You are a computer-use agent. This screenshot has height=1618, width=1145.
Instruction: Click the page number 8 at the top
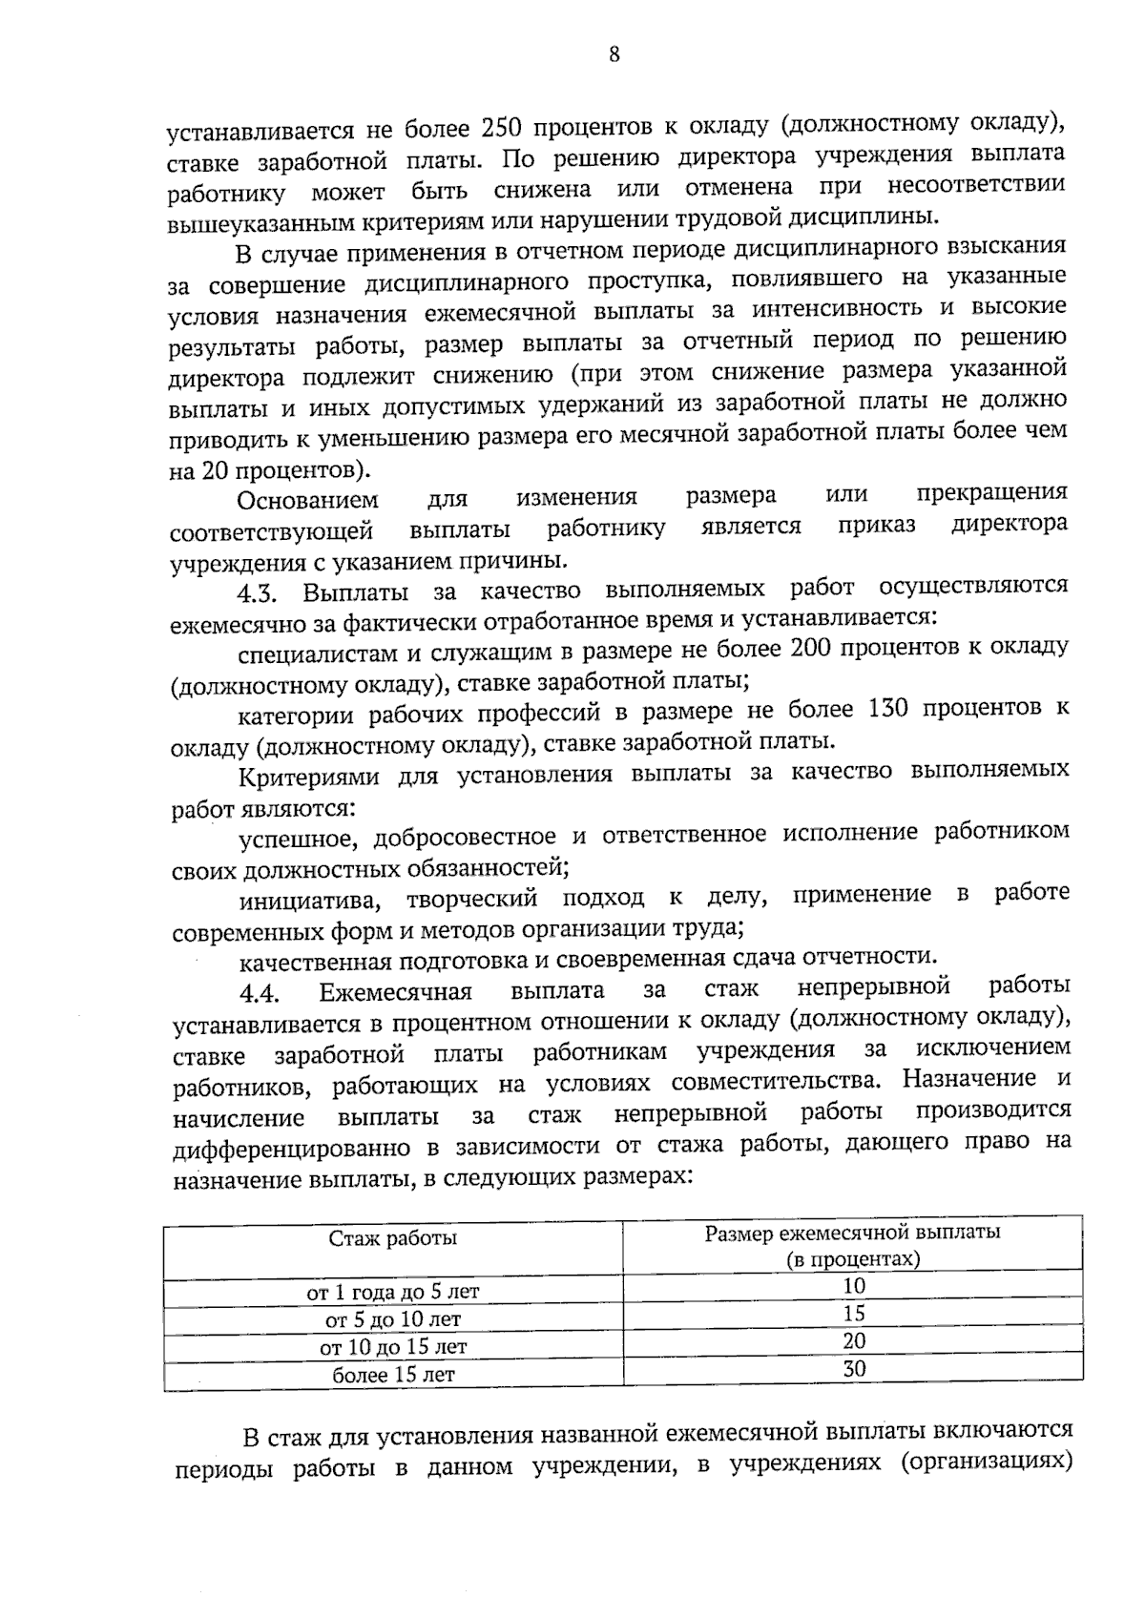614,55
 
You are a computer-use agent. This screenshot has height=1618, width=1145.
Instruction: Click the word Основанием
307,500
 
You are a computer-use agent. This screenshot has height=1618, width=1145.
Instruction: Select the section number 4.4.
259,993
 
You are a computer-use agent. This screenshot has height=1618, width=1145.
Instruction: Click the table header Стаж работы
392,1238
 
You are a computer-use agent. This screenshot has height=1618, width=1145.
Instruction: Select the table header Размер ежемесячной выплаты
852,1233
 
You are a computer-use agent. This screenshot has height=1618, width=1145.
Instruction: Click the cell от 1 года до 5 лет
392,1293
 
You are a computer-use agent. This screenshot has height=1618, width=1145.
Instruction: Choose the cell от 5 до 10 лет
392,1320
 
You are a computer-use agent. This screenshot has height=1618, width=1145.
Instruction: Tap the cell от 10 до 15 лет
392,1347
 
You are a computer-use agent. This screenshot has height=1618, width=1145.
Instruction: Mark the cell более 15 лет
392,1375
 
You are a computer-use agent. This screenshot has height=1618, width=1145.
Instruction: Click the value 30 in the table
854,1369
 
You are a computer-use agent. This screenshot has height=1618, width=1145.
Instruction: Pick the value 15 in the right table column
854,1314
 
